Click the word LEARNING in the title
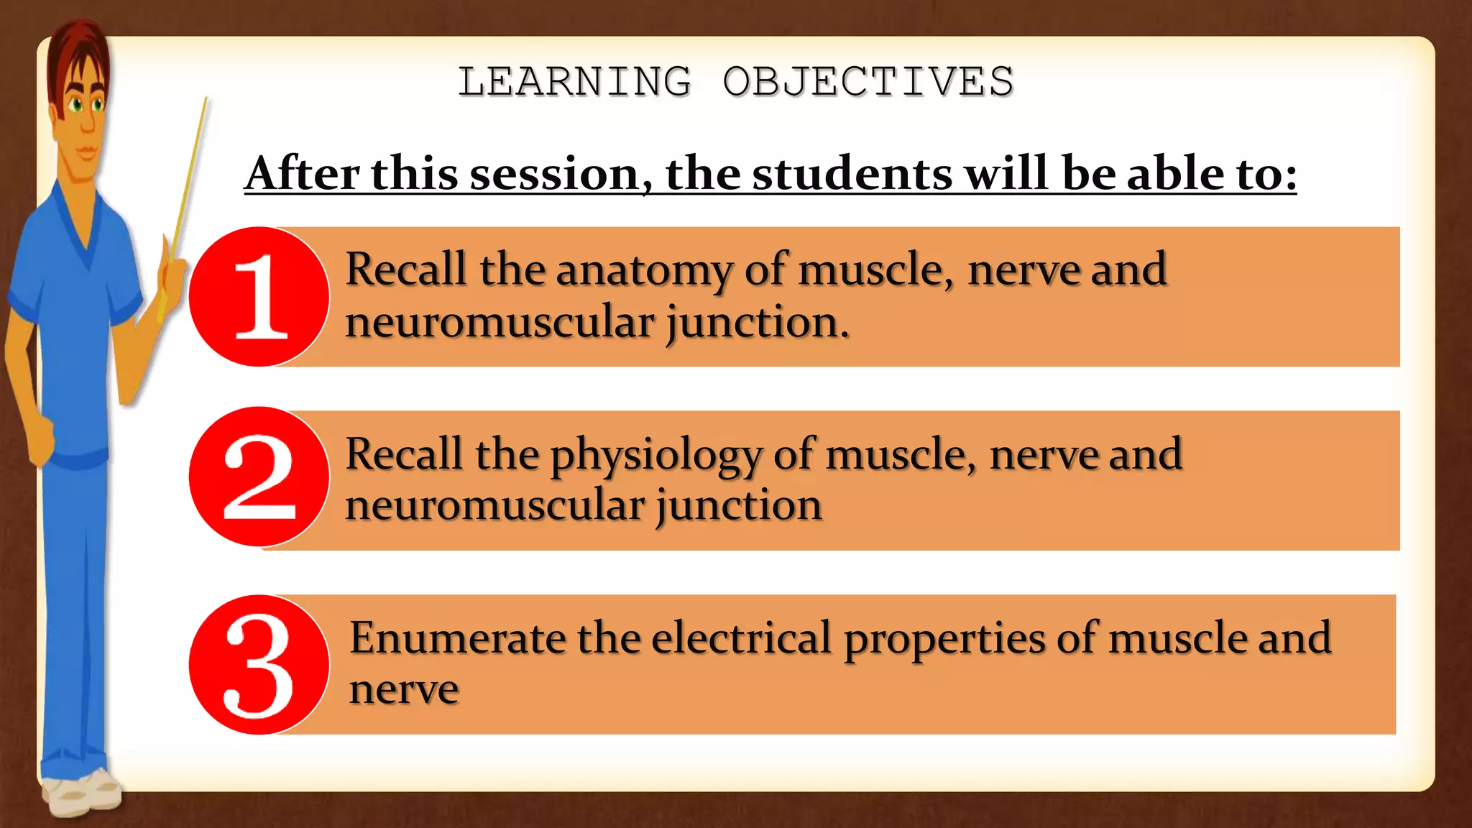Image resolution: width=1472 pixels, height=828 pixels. [574, 81]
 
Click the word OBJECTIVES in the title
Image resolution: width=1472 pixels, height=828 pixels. [868, 81]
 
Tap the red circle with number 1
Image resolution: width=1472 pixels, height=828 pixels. [259, 297]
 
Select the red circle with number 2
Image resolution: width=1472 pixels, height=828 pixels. [259, 477]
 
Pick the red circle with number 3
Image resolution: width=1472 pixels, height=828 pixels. [259, 665]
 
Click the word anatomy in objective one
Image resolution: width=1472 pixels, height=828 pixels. [644, 271]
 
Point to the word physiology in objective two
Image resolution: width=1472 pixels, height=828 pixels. [655, 456]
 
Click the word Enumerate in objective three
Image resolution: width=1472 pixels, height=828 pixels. [458, 638]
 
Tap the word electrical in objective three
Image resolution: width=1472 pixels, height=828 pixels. [741, 638]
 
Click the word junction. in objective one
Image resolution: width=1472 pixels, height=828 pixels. [758, 323]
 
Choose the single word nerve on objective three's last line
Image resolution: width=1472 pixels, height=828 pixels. [404, 690]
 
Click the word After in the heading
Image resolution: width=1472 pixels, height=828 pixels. [302, 174]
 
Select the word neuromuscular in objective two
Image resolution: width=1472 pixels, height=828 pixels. [494, 505]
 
